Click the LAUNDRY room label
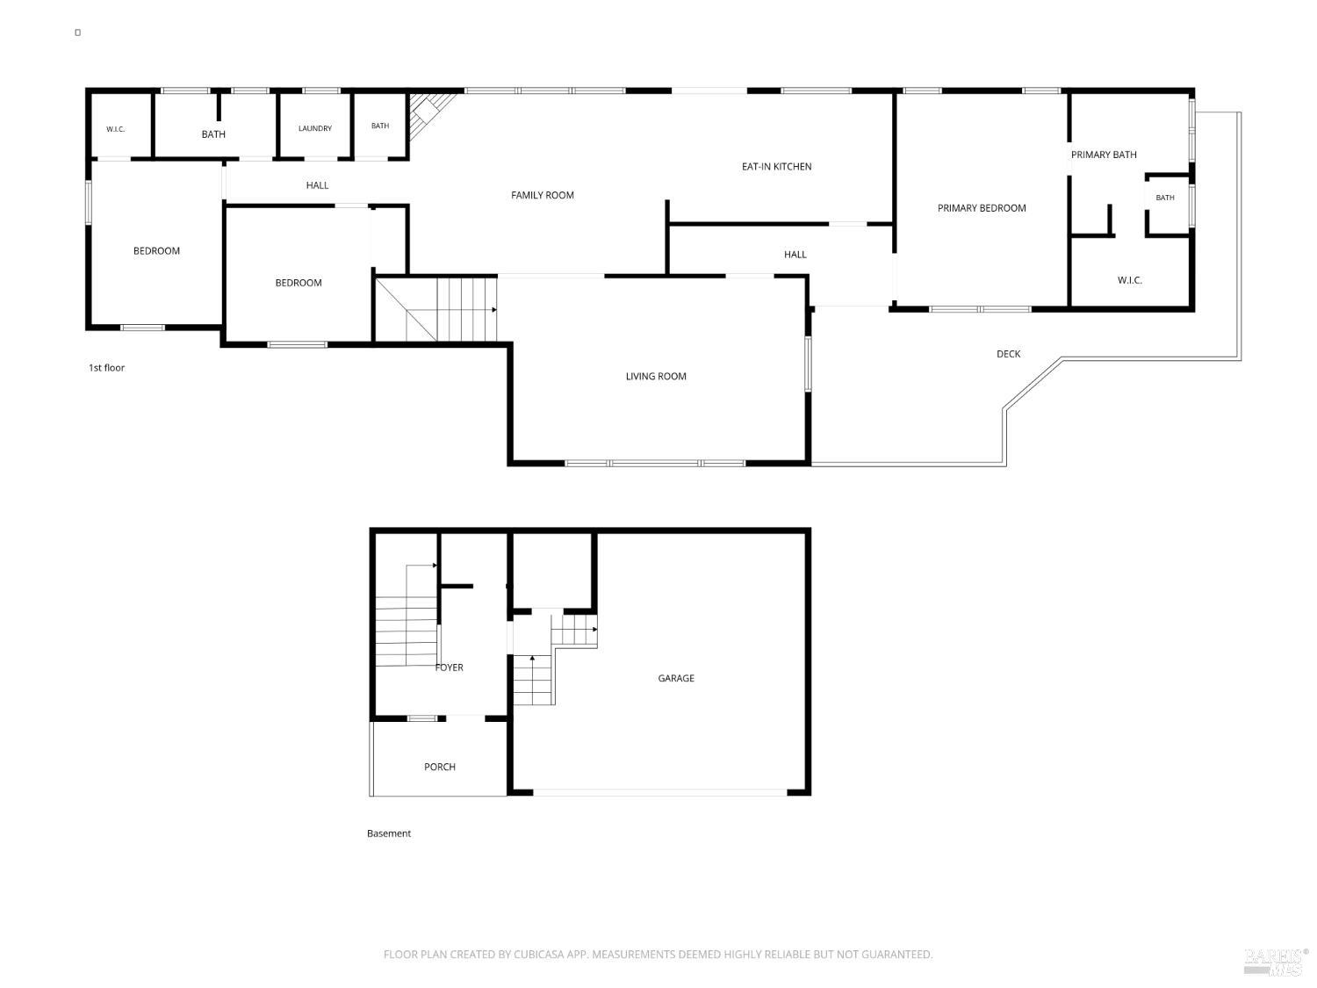(x=315, y=128)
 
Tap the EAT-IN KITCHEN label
(x=776, y=167)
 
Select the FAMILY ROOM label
(x=543, y=195)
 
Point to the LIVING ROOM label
(x=656, y=376)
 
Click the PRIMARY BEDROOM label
(x=982, y=208)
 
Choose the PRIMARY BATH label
(x=1104, y=155)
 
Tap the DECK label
(x=1008, y=354)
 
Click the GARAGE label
(x=676, y=678)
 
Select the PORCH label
(x=440, y=767)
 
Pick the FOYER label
(x=450, y=667)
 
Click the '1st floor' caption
(x=107, y=368)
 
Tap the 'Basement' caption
(x=389, y=833)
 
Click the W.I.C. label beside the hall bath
(x=115, y=130)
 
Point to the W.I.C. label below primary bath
(x=1129, y=280)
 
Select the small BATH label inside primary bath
(x=1164, y=198)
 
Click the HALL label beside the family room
(x=317, y=185)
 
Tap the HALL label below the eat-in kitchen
(x=795, y=255)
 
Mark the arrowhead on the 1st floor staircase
(x=494, y=309)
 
